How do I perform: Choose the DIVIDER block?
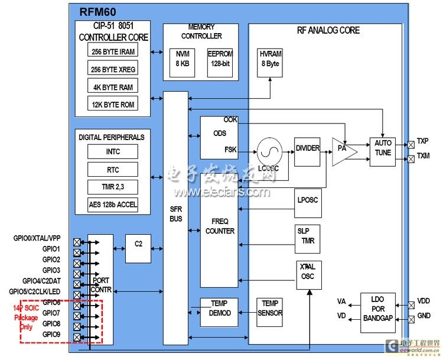point(307,148)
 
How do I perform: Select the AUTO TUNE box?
point(383,147)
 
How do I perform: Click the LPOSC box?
point(307,200)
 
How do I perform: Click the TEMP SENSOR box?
point(271,308)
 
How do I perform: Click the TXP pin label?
point(423,141)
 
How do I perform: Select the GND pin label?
point(424,317)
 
